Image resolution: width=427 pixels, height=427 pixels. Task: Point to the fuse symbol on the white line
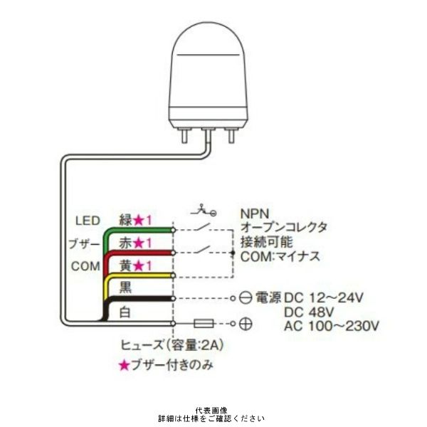tap(204, 324)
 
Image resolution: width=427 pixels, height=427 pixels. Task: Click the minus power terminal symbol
tap(246, 298)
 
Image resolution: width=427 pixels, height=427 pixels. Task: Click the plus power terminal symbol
tap(246, 324)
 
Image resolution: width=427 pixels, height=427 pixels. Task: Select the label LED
tap(88, 221)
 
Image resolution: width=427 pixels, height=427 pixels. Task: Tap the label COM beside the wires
tap(85, 266)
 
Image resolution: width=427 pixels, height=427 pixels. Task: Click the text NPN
tap(255, 213)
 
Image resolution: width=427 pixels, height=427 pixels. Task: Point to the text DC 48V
tap(309, 312)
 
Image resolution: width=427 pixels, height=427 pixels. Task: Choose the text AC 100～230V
tap(332, 326)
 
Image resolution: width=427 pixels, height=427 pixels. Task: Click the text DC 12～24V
tap(324, 298)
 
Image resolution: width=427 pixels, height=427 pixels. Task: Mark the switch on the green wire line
tap(202, 227)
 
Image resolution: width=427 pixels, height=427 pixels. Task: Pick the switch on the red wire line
tap(202, 250)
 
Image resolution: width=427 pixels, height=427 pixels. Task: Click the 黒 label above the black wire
tap(125, 288)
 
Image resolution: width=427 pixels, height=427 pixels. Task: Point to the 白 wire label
tap(125, 312)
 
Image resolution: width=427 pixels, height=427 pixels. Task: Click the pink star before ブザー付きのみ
tap(124, 366)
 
